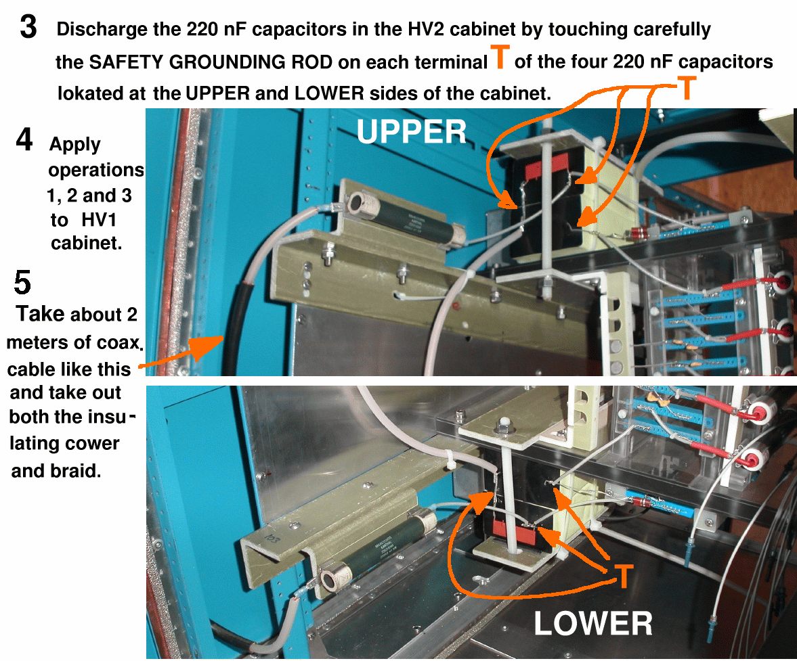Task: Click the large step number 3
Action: point(28,27)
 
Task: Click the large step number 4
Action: point(24,139)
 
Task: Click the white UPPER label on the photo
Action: point(411,132)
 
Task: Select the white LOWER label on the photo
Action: point(593,623)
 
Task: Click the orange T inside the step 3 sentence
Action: point(500,56)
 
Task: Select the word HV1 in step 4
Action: point(99,220)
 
